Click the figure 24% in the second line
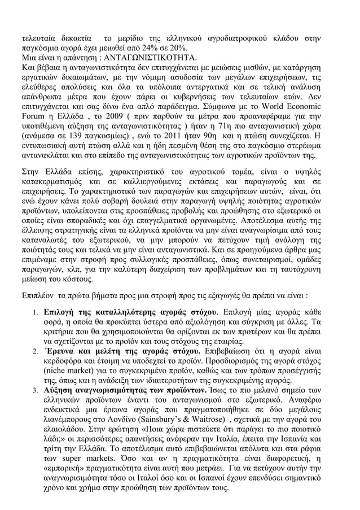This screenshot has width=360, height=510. [149, 48]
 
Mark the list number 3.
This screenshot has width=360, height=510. [35, 389]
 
